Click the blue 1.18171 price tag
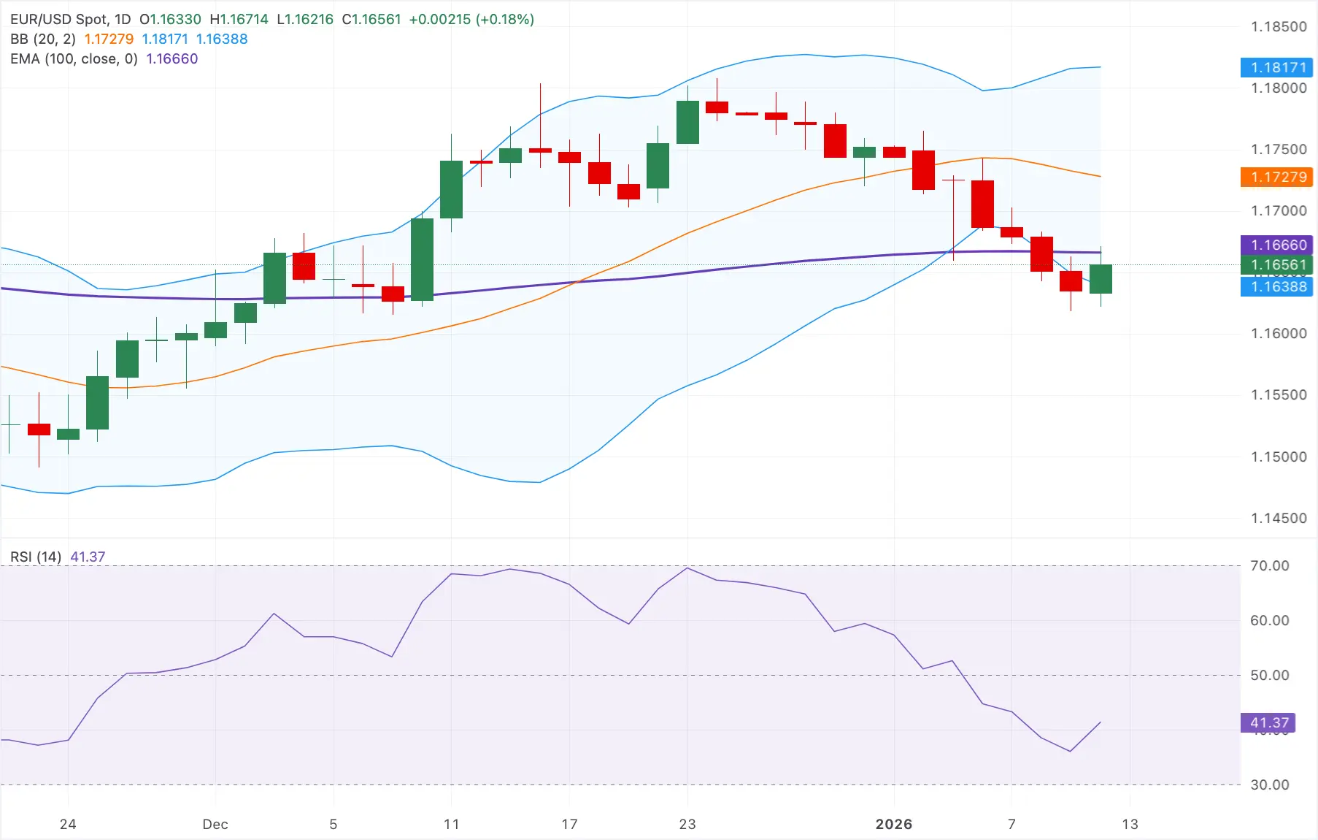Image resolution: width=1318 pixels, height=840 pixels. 1276,68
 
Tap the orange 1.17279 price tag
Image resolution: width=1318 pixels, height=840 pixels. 1276,177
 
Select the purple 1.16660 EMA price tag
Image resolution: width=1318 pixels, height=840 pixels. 1276,245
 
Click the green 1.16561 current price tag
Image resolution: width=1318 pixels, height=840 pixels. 1276,264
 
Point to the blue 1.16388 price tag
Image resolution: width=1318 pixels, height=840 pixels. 1276,286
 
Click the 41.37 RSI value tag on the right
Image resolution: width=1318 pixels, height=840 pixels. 1268,722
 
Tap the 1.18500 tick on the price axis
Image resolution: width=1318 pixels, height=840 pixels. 1279,27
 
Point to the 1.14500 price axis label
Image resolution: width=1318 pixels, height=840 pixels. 1279,518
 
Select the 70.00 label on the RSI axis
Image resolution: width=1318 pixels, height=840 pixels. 1269,565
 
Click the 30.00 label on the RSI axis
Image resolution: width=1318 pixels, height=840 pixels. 1269,784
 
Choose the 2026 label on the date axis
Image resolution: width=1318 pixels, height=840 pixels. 893,824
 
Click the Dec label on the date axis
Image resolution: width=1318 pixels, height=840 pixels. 215,824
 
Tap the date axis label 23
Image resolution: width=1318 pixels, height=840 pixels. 687,824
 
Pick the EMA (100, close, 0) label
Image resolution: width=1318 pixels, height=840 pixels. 74,58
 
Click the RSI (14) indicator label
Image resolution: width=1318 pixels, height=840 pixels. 36,557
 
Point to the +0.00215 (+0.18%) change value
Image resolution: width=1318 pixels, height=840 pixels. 471,20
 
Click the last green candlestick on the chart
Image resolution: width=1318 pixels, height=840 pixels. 1101,279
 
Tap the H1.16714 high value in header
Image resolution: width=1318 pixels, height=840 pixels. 239,20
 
